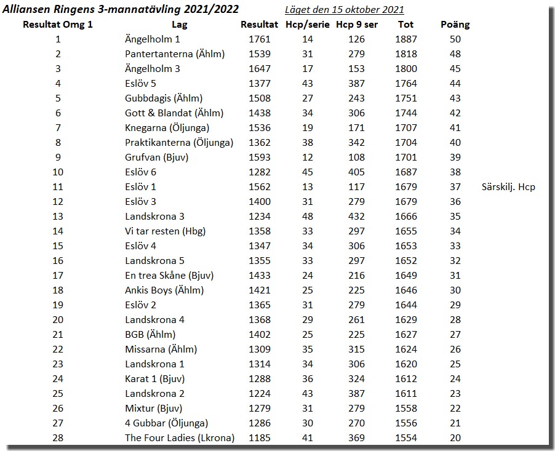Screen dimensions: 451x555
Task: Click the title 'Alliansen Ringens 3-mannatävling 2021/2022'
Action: click(x=121, y=9)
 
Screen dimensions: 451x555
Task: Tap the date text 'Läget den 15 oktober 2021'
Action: click(x=345, y=10)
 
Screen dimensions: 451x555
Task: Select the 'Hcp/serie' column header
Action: click(x=308, y=25)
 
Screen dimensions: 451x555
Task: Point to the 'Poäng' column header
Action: click(x=455, y=25)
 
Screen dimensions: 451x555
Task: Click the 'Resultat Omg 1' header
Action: click(x=58, y=25)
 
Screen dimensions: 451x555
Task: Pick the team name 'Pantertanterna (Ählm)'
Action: click(x=175, y=54)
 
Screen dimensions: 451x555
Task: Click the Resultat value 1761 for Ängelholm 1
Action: click(x=259, y=39)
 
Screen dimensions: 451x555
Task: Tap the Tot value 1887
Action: click(x=405, y=39)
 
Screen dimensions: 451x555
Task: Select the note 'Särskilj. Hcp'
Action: click(x=508, y=187)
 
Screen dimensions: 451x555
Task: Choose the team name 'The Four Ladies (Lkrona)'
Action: click(x=180, y=438)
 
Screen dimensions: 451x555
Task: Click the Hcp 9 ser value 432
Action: click(x=356, y=217)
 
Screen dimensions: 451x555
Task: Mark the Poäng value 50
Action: click(x=455, y=39)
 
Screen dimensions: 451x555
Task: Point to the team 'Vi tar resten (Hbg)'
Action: click(x=165, y=231)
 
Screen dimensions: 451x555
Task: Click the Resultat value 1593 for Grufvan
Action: click(x=259, y=158)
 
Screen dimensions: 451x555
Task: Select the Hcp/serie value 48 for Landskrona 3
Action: click(x=308, y=217)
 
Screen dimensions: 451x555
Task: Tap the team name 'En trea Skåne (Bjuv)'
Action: click(x=169, y=276)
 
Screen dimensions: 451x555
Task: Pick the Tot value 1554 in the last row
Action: click(x=405, y=438)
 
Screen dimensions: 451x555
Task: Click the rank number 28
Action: click(x=58, y=438)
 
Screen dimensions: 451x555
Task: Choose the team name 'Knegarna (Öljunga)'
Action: click(x=167, y=128)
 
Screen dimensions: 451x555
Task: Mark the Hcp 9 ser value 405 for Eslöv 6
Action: click(x=356, y=172)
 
